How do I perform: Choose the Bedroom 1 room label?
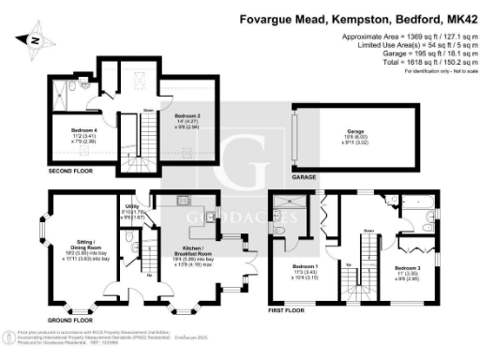point(305,270)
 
